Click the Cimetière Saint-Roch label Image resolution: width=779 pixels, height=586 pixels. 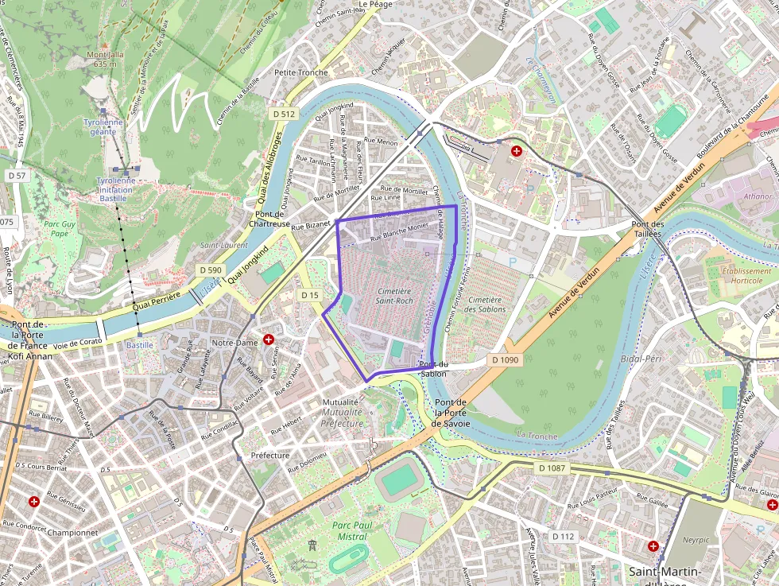393,297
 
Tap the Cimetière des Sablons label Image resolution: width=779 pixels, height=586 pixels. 484,305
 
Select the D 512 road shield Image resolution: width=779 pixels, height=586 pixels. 284,114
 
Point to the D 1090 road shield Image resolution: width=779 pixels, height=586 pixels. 505,360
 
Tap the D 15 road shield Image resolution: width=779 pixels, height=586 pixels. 310,295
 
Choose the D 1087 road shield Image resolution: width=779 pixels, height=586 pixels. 552,468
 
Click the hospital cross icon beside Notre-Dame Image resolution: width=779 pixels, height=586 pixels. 269,340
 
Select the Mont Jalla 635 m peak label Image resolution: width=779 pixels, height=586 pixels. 106,59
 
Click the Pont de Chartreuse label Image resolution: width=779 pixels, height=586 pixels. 272,219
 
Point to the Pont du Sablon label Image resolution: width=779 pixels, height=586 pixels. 432,369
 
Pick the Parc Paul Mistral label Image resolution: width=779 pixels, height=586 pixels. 351,531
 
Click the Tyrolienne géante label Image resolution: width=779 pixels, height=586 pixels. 103,127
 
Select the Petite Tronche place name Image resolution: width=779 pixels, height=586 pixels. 300,72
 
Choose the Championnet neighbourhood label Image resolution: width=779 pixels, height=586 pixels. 72,533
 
